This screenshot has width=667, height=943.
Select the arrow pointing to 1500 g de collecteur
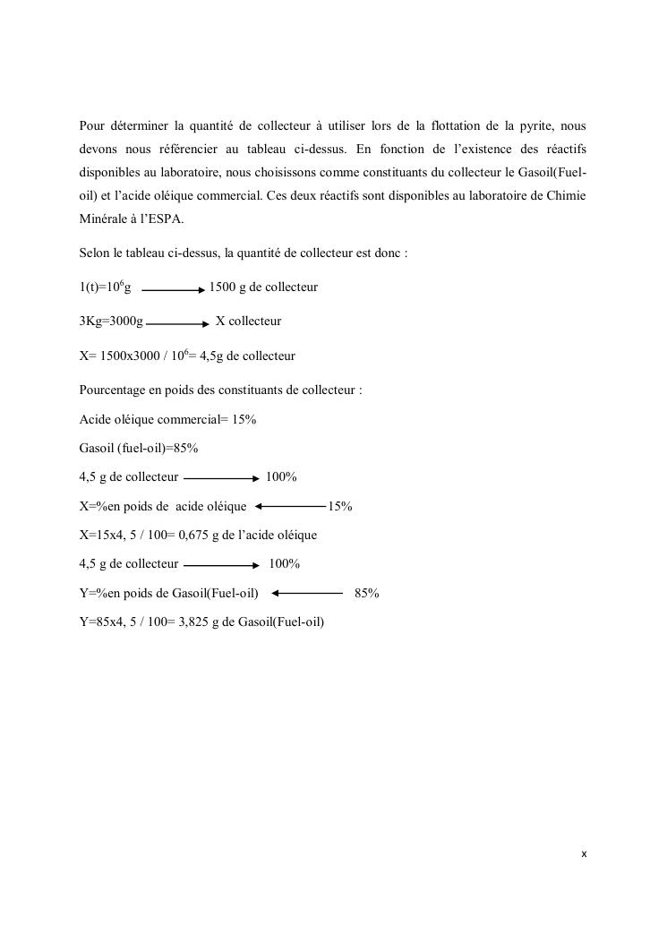pyautogui.click(x=174, y=290)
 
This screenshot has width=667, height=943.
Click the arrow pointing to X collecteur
pyautogui.click(x=177, y=323)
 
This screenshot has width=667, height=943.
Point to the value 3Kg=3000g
pyautogui.click(x=111, y=321)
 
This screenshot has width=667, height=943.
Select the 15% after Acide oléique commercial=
pyautogui.click(x=244, y=419)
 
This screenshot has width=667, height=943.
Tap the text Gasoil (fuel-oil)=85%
pyautogui.click(x=139, y=448)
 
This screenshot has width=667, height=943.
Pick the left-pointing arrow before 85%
pyautogui.click(x=307, y=593)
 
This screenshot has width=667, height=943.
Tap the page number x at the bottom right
pyautogui.click(x=584, y=854)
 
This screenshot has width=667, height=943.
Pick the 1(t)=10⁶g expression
pyautogui.click(x=106, y=287)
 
